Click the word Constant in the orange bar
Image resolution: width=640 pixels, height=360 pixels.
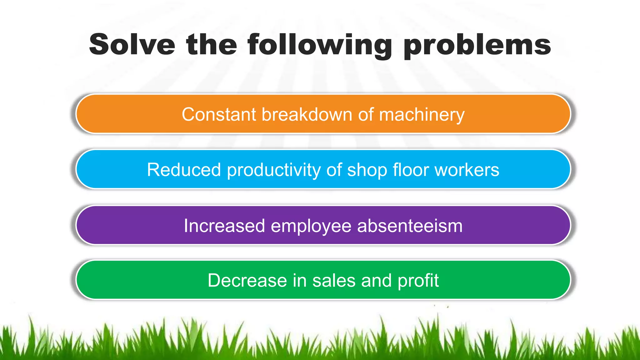point(219,114)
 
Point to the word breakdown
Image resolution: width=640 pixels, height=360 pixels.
point(307,114)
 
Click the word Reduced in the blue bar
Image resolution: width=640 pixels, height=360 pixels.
point(184,170)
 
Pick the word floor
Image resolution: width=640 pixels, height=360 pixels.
point(411,170)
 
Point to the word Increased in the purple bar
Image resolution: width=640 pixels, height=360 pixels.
point(224,226)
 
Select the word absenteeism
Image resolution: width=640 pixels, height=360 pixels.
point(410,226)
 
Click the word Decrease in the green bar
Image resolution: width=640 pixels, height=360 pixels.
point(247,280)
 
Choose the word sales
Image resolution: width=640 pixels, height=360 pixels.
point(334,280)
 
